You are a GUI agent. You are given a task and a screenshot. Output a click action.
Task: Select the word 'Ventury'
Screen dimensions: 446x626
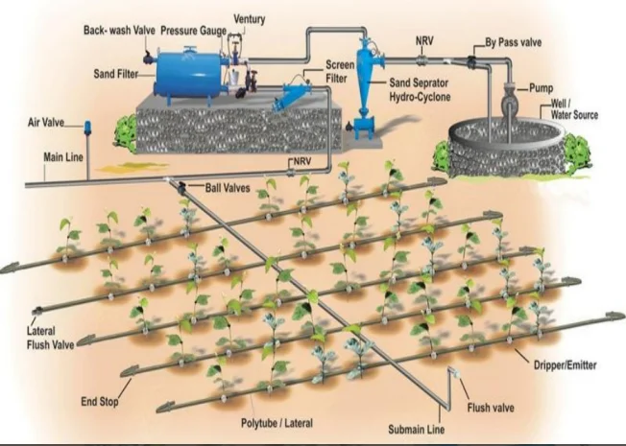pos(250,18)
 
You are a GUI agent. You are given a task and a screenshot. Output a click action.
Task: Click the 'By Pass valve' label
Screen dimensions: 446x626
pos(518,42)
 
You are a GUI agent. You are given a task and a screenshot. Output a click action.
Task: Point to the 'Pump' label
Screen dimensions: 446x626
pos(542,88)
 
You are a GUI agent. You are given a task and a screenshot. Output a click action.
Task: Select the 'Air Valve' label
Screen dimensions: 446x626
pos(44,124)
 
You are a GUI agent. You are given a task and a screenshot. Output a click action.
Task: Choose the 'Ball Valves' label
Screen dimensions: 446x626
pos(227,187)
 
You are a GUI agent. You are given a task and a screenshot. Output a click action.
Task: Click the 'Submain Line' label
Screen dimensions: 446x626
pos(409,429)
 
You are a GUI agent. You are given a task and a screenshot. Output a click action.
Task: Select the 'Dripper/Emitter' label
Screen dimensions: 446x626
pos(565,364)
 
